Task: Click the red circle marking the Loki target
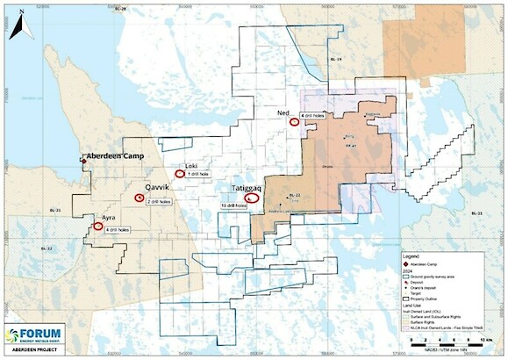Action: pyautogui.click(x=180, y=174)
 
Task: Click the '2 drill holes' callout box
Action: pyautogui.click(x=159, y=201)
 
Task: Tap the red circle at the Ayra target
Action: pyautogui.click(x=97, y=227)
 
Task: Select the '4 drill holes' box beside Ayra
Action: pyautogui.click(x=118, y=229)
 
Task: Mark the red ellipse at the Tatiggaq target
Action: pyautogui.click(x=253, y=198)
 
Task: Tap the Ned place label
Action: pyautogui.click(x=282, y=113)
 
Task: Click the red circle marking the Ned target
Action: pyautogui.click(x=294, y=122)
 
